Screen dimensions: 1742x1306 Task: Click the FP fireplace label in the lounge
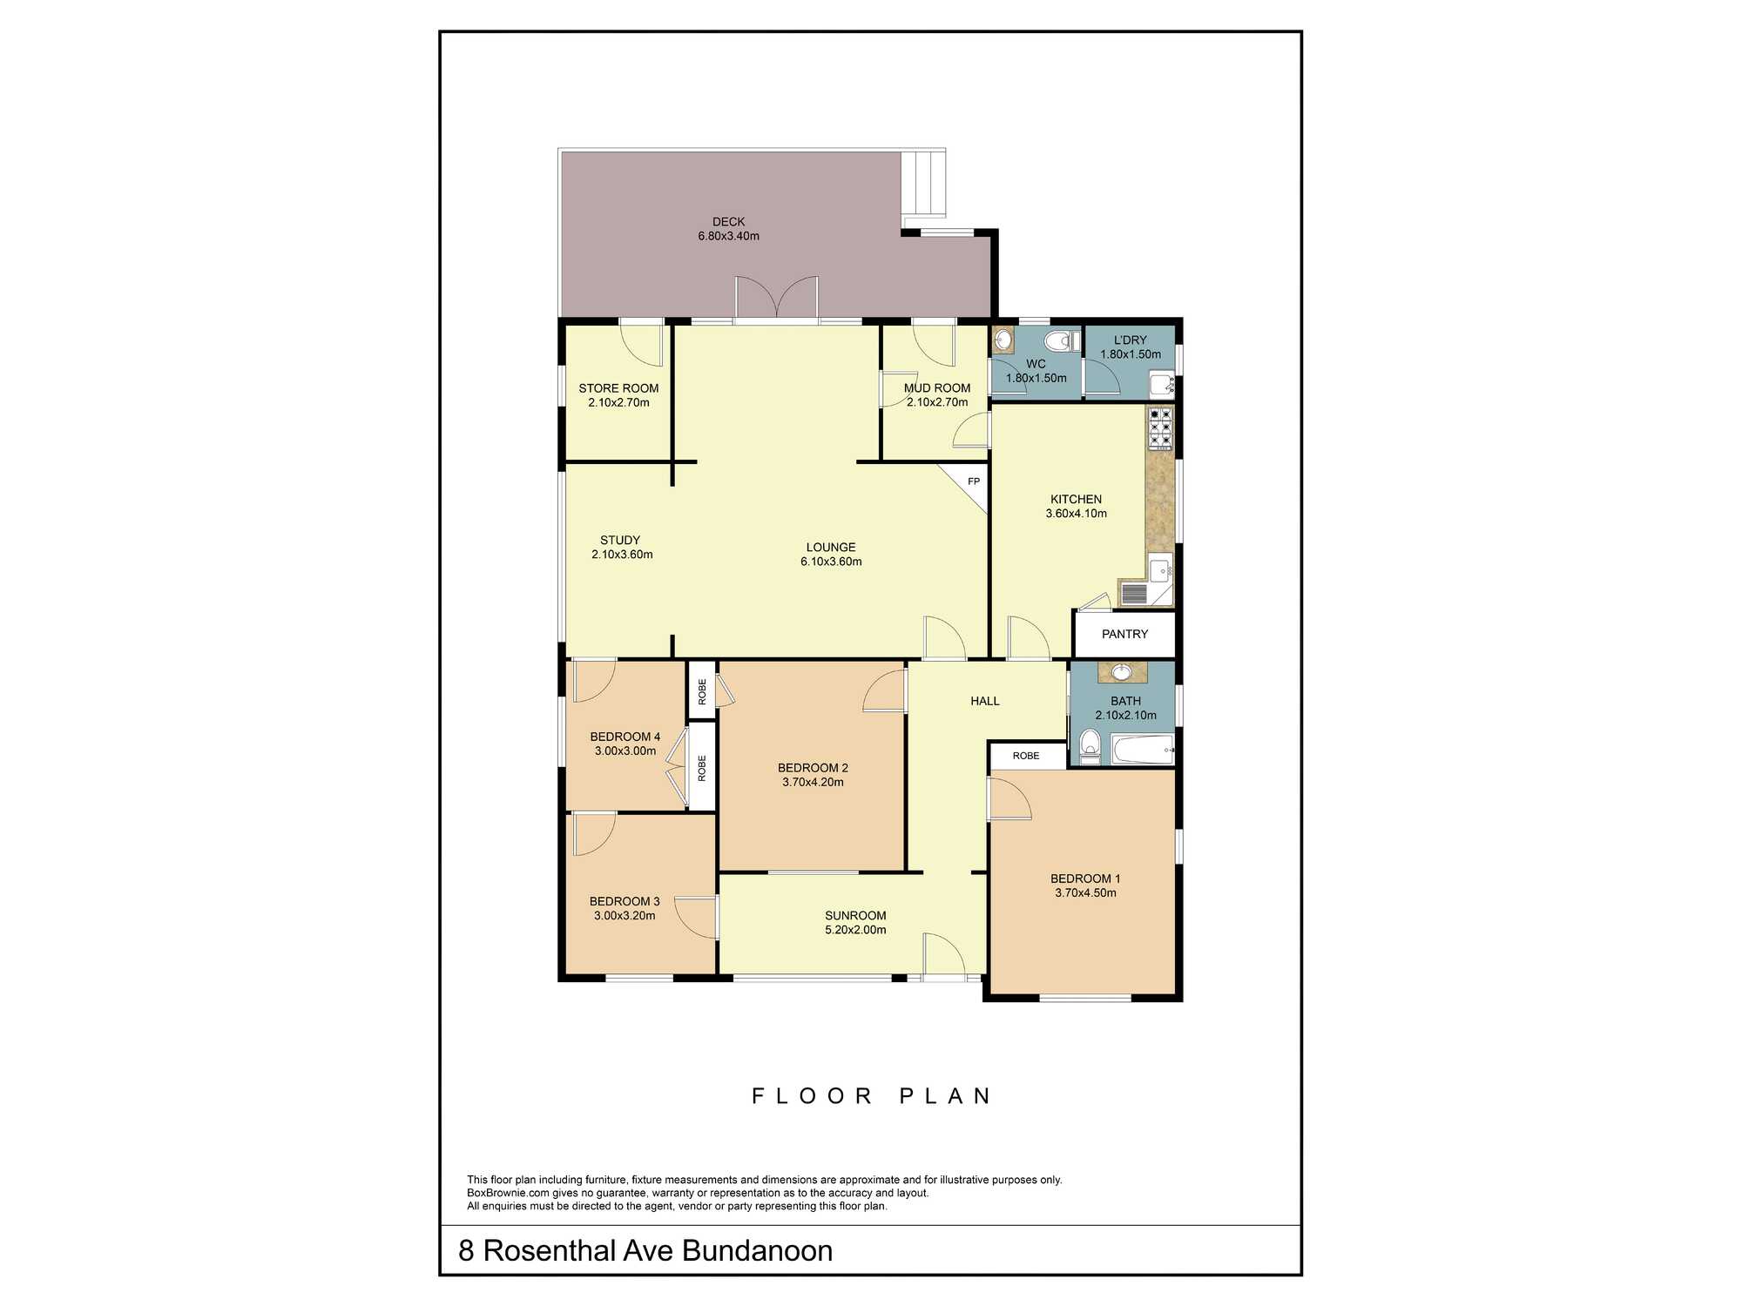click(x=974, y=481)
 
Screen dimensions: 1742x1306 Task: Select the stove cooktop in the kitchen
click(x=1160, y=428)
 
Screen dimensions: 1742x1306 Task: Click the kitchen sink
click(x=1160, y=571)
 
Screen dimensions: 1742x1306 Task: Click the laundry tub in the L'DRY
click(x=1162, y=384)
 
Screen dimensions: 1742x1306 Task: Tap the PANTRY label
click(x=1124, y=634)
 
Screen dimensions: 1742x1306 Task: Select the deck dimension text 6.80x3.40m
click(x=728, y=236)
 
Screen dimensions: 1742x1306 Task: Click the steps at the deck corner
click(x=923, y=184)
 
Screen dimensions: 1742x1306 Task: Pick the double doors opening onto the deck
click(x=777, y=299)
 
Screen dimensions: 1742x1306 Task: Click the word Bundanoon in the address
click(x=757, y=1250)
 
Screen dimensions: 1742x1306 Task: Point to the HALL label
click(x=985, y=701)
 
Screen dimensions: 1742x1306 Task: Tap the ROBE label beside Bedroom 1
click(x=1026, y=756)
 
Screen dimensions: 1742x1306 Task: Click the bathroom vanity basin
click(x=1122, y=672)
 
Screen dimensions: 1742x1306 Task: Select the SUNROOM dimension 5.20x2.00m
click(x=855, y=930)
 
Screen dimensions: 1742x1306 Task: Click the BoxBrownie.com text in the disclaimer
click(x=508, y=1193)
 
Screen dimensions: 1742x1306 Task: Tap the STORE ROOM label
click(x=618, y=388)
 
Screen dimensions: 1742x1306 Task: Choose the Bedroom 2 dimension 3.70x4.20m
click(x=813, y=782)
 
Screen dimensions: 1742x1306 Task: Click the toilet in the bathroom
click(x=1090, y=747)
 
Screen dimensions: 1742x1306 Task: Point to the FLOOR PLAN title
click(x=871, y=1095)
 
